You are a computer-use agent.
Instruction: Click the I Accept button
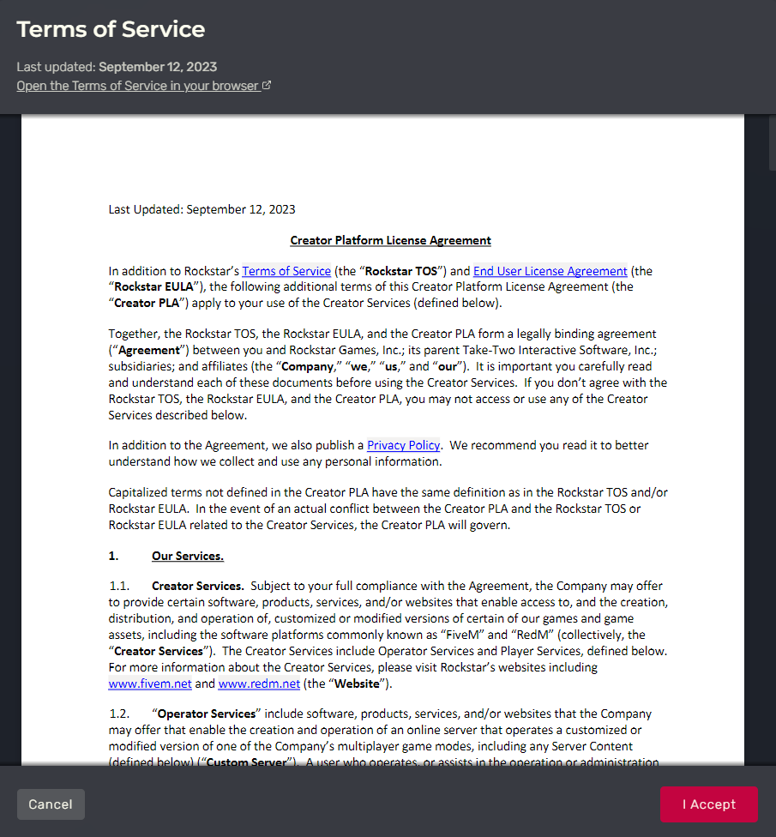[708, 804]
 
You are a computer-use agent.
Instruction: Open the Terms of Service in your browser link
[137, 86]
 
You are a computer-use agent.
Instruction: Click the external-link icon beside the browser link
[267, 86]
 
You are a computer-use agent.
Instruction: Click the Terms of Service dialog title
[111, 29]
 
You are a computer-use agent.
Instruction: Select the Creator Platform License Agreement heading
[390, 240]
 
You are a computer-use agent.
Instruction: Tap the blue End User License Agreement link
[550, 271]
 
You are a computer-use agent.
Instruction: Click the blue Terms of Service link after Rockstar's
[286, 271]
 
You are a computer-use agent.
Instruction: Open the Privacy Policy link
[403, 445]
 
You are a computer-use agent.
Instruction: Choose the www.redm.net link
[259, 683]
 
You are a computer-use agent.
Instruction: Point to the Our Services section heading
[188, 556]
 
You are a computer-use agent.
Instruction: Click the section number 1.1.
[118, 587]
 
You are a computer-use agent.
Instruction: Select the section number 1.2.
[118, 714]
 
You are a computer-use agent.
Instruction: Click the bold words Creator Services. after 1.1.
[198, 587]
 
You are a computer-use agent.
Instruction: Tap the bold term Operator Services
[207, 714]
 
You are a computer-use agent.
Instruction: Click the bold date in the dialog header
[158, 67]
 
